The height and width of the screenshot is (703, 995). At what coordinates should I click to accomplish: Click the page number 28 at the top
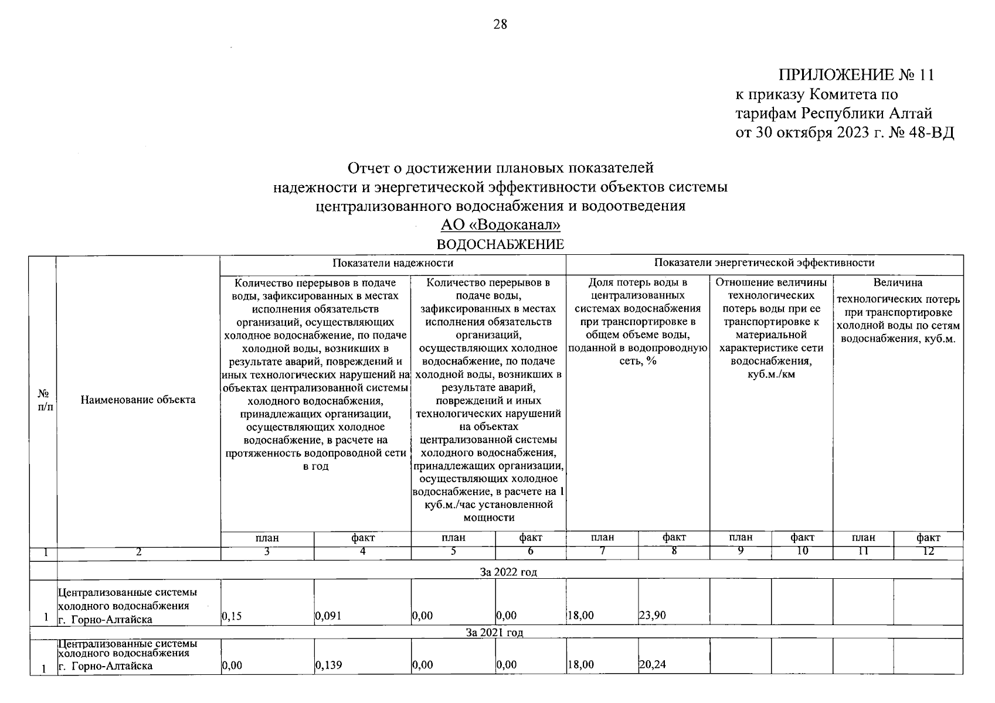click(500, 25)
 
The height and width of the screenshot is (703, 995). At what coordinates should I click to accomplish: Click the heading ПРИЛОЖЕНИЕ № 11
click(855, 76)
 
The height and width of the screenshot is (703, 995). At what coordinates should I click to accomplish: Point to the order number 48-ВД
click(931, 133)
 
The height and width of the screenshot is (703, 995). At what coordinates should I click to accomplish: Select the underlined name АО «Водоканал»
click(500, 226)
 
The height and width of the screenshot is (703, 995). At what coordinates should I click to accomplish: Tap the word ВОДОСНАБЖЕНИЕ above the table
click(500, 244)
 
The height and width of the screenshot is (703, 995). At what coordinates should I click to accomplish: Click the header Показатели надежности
click(393, 263)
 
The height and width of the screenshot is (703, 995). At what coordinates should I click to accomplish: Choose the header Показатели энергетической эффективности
click(764, 263)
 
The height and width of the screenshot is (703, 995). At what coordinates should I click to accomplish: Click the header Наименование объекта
click(138, 400)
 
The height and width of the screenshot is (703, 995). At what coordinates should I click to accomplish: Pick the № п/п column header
click(43, 400)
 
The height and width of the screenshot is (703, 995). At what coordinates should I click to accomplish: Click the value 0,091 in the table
click(328, 616)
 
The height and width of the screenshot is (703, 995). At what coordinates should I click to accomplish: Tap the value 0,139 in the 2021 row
click(328, 665)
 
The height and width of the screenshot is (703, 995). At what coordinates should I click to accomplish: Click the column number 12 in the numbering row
click(928, 551)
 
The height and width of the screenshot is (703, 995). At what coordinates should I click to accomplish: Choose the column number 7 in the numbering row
click(602, 551)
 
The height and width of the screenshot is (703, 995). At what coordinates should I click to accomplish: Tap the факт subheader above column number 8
click(674, 537)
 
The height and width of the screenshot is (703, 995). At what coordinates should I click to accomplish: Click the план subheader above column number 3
click(267, 538)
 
